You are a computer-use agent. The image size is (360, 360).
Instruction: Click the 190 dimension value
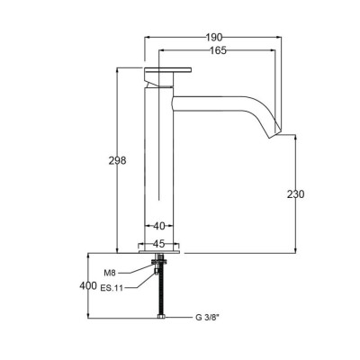pos(214,38)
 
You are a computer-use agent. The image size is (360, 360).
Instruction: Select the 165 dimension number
pos(218,50)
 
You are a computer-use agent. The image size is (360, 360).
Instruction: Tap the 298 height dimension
pos(117,161)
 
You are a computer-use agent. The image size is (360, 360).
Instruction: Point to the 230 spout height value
pos(295,194)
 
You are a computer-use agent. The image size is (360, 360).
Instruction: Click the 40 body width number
pos(159,226)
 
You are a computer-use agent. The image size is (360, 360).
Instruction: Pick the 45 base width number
pos(159,244)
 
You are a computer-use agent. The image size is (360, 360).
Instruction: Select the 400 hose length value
pos(88,285)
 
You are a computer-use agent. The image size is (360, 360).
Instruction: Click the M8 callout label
pos(110,273)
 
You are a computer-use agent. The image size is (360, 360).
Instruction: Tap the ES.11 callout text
pos(112,288)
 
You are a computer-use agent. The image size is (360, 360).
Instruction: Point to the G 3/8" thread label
pos(208,318)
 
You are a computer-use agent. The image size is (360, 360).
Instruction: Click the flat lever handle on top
pos(168,70)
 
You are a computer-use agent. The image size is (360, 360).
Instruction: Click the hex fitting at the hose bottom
pos(161,316)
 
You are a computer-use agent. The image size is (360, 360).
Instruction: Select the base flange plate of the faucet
pos(159,252)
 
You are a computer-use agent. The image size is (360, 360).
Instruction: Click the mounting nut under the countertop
pos(159,261)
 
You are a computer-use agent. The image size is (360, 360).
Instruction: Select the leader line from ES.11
pos(140,281)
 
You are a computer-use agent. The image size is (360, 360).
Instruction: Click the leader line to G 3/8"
pos(178,317)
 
